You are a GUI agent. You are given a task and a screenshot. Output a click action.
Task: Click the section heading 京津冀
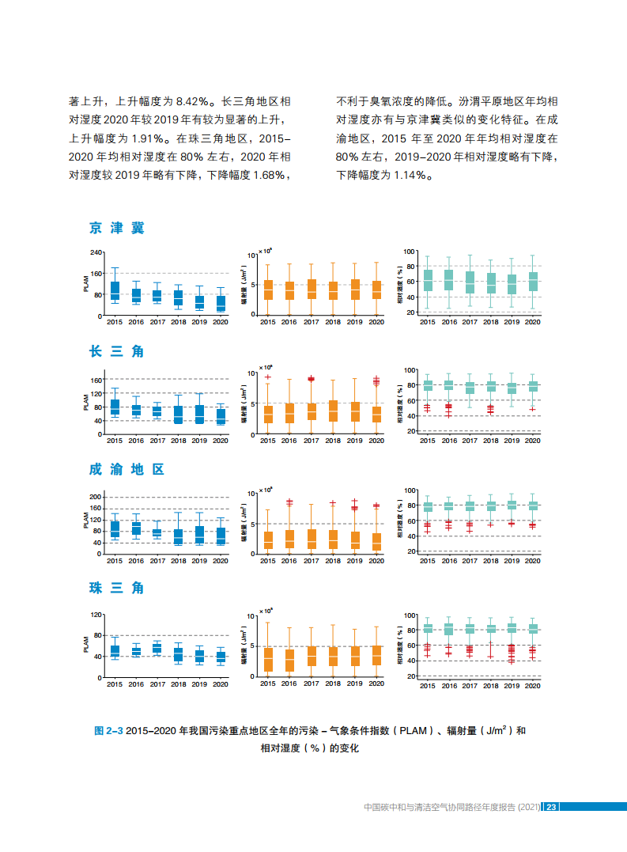(x=117, y=229)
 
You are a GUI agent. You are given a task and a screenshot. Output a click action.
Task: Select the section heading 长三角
(x=117, y=350)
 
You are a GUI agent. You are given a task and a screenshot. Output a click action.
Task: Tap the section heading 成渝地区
(x=127, y=469)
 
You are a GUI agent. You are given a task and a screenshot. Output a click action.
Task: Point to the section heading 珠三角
(x=117, y=588)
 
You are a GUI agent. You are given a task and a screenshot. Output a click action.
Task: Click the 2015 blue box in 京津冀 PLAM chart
(x=115, y=290)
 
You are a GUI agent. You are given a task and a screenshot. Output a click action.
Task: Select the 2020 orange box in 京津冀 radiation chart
(x=376, y=290)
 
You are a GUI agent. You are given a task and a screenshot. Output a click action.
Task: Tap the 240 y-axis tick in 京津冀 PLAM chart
(x=96, y=252)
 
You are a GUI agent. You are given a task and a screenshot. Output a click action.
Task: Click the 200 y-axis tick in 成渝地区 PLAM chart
(x=96, y=496)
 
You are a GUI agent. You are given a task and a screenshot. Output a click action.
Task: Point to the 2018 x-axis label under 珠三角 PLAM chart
(x=178, y=684)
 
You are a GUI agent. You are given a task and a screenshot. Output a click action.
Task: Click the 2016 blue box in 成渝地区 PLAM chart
(x=136, y=528)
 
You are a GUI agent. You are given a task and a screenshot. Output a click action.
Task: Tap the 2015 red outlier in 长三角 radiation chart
(x=268, y=377)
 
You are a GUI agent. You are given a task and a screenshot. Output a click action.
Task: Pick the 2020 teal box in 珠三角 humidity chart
(x=533, y=629)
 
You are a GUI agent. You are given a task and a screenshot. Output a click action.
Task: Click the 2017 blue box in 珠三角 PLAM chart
(x=157, y=649)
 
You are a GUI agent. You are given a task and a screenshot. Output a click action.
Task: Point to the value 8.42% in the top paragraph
(x=194, y=101)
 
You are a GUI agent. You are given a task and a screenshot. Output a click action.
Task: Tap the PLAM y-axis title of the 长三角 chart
(x=85, y=402)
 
